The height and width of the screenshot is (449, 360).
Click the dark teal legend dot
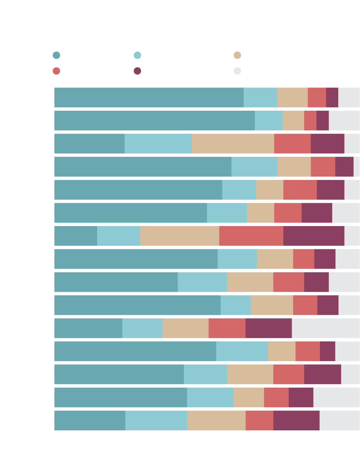tap(56, 55)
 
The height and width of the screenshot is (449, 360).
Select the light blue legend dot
tap(137, 55)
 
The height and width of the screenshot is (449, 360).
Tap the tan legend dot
tap(237, 55)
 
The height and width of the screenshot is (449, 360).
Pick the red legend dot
tap(56, 71)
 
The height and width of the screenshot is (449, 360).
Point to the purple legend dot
tap(137, 71)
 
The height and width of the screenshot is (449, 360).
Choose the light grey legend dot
tap(237, 71)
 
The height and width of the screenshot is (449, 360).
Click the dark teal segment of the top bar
tap(149, 98)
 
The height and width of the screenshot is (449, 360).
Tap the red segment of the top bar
tap(317, 98)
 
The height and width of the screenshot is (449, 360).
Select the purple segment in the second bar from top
tap(322, 120)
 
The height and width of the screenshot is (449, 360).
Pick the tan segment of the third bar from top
tap(233, 143)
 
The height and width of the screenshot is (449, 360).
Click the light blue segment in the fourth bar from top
tap(254, 167)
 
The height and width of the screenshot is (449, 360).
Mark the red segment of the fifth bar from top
tap(300, 190)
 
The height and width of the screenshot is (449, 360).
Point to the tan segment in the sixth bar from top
tap(260, 213)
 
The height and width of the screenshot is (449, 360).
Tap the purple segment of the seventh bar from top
tap(314, 236)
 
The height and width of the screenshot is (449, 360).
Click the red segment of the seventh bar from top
tap(251, 236)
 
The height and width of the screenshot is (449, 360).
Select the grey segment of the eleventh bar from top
tap(326, 328)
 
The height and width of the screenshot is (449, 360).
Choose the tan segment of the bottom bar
tap(216, 420)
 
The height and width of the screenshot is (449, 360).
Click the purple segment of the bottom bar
tap(296, 420)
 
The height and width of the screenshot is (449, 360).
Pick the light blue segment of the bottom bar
tap(156, 420)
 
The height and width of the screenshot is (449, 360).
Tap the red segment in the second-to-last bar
tap(276, 397)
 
